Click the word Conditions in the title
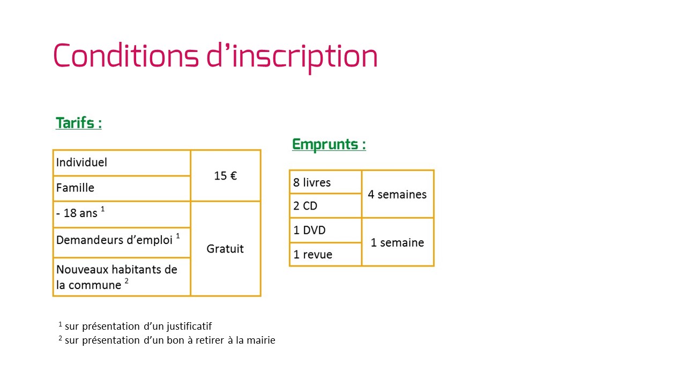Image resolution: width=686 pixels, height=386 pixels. (x=126, y=55)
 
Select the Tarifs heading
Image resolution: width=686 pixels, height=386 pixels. (x=79, y=123)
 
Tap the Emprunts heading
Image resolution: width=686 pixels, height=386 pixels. (x=329, y=145)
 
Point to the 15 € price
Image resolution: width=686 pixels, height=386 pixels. (x=226, y=176)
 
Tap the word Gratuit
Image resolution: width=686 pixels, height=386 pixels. (x=225, y=249)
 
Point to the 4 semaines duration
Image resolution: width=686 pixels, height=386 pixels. (x=397, y=195)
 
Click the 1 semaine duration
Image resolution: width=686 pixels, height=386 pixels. (x=397, y=243)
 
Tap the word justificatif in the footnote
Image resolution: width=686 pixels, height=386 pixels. (x=189, y=326)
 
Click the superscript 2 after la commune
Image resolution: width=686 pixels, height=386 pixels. (x=126, y=280)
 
